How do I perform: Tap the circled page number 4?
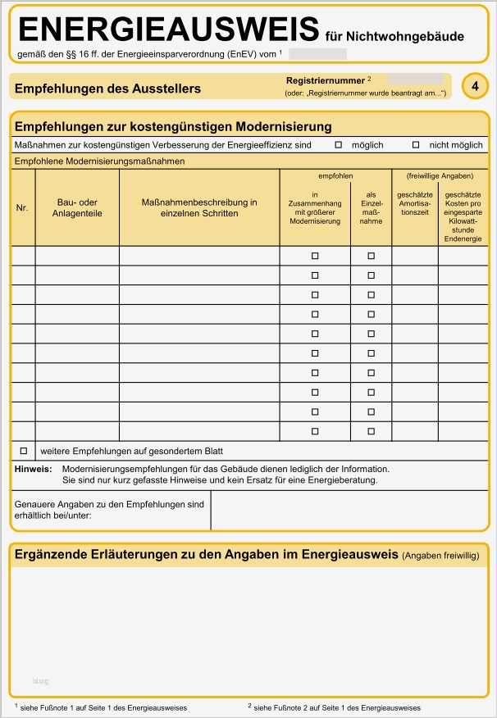475,85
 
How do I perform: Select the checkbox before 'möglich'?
338,145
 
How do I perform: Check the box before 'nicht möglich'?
416,145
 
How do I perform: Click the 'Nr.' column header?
22,208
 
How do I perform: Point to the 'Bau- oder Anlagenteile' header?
77,208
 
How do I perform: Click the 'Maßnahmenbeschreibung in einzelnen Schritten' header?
199,208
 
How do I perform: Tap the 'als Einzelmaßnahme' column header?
371,208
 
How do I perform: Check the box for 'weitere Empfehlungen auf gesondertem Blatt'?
24,451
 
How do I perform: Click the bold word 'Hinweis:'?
33,469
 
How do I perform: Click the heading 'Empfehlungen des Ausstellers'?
107,89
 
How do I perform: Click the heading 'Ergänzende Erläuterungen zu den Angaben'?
207,555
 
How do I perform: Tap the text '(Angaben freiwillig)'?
440,556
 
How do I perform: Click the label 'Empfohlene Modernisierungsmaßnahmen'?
99,161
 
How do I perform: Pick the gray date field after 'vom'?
317,54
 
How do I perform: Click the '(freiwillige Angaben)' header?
440,176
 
